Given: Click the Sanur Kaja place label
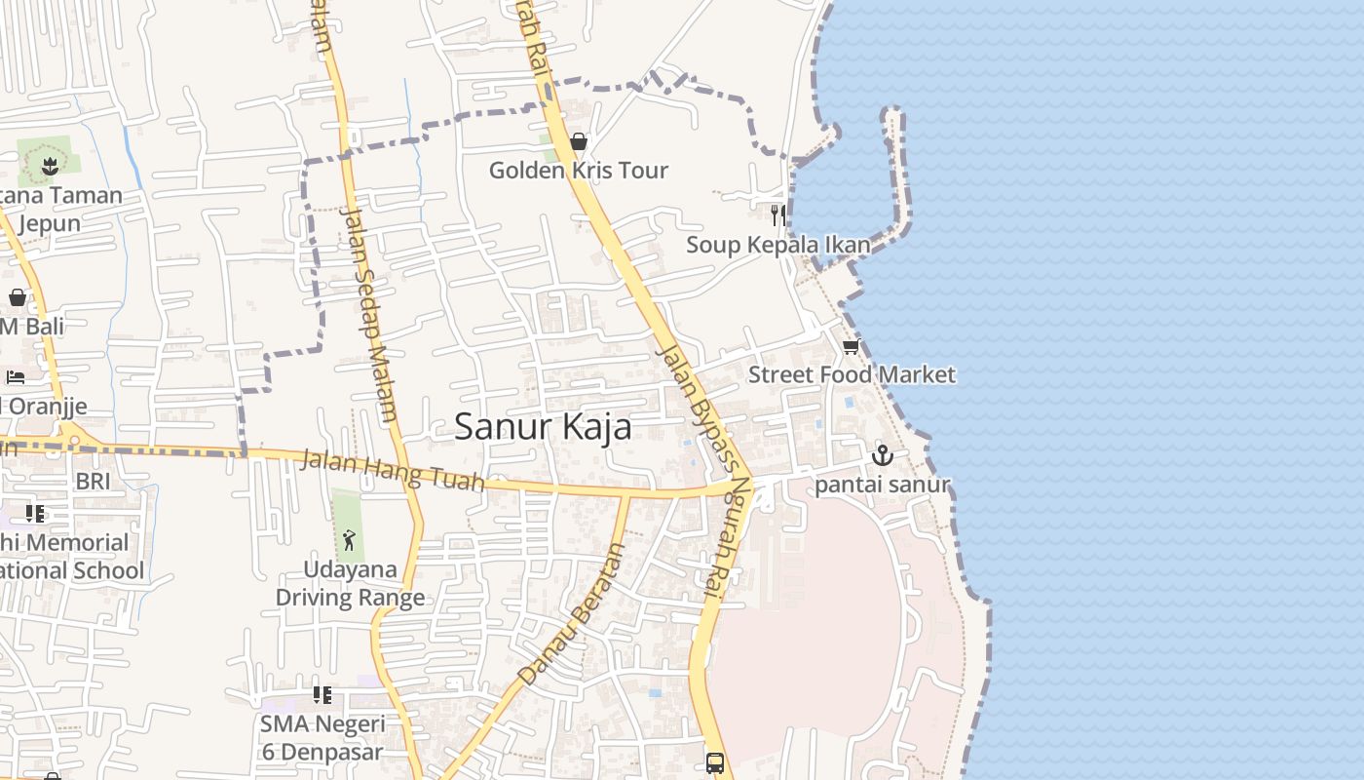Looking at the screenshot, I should coord(543,427).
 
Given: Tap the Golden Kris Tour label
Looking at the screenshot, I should coord(578,171).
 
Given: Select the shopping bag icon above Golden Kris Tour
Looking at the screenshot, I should coord(579,142).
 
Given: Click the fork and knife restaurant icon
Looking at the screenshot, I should coord(777,215).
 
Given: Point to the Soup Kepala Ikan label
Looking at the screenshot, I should coord(777,245).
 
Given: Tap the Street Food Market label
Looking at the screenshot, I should coord(852,374).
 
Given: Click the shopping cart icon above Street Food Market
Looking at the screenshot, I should coord(852,346).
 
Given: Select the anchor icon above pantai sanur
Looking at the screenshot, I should coord(882,454).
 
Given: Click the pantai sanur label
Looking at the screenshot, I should coord(882,485).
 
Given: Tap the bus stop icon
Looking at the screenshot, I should coord(715,762).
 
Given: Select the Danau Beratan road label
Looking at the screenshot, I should coord(570,614).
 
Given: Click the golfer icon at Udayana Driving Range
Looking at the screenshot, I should coord(349,539).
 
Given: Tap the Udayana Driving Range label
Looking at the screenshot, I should coord(350,583).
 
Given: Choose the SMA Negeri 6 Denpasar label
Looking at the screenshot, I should coord(322,738).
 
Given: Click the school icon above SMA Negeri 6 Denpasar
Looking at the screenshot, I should coord(322,695).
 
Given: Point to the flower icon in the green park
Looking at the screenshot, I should coord(49,164).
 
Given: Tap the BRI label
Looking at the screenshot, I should coord(93,482).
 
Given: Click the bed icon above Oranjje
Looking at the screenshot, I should coord(17,376).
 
